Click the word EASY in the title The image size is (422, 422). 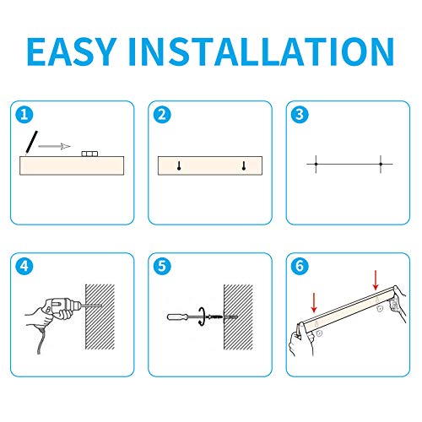click(72, 51)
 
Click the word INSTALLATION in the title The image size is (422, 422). click(261, 51)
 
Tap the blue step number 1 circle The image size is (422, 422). click(24, 115)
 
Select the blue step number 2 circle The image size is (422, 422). click(162, 115)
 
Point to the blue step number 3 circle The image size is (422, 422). click(300, 115)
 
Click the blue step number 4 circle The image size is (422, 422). click(24, 266)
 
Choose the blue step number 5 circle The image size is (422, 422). click(162, 266)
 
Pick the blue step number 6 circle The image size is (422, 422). click(300, 266)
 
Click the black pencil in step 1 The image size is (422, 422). click(31, 143)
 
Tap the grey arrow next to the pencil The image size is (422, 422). click(54, 146)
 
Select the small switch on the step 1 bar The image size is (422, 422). click(89, 154)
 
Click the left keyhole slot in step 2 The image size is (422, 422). click(179, 165)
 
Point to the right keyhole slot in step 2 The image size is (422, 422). click(244, 165)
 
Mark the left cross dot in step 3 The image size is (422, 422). click(316, 164)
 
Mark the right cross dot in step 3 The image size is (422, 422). click(381, 164)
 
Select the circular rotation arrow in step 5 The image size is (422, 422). click(202, 316)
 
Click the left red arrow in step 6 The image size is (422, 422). click(314, 303)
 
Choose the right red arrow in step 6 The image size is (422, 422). click(376, 280)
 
